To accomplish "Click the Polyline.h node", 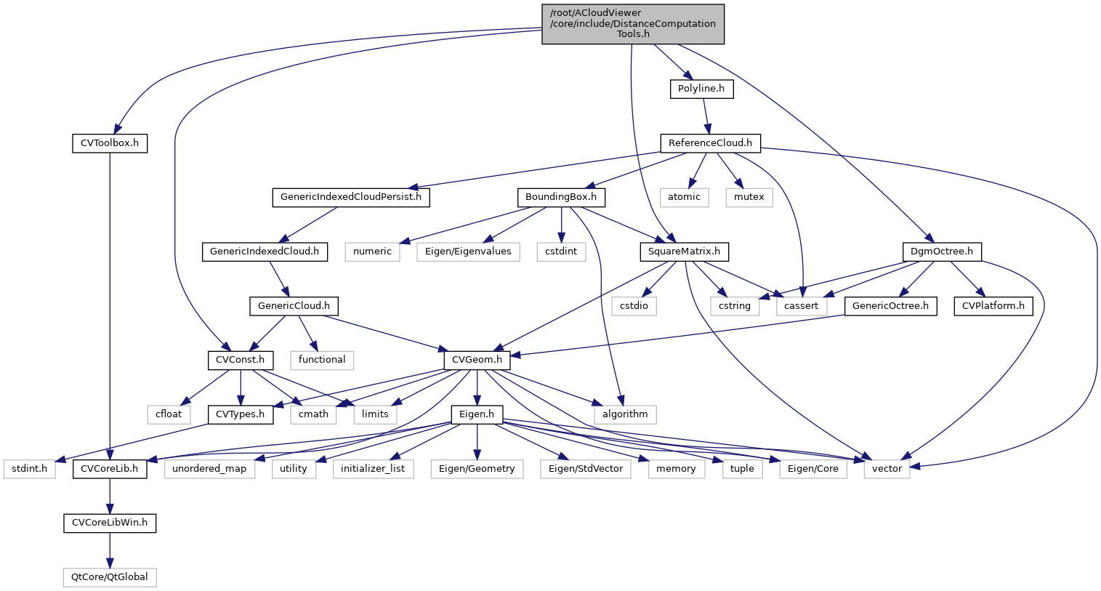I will [701, 89].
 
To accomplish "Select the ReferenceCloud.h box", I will [710, 143].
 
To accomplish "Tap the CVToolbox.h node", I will [110, 143].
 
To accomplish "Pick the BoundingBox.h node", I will [561, 197].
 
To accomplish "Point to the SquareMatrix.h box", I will [684, 252].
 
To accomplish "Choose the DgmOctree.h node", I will [942, 252].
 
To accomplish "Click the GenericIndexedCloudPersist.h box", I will [351, 197].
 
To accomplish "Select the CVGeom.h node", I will [477, 360].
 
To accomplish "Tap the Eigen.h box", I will [477, 414].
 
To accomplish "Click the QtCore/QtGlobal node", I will [110, 577].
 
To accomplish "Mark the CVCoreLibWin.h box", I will [110, 523].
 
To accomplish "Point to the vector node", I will [887, 469].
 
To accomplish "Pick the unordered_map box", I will [210, 469].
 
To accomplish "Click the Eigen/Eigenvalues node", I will [468, 252].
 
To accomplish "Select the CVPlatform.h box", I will [993, 306].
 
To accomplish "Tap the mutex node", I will [749, 197].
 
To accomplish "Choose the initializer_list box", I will [373, 469].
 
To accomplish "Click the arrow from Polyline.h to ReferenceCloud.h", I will [705, 116].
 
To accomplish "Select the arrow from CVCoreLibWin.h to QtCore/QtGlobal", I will [110, 550].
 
